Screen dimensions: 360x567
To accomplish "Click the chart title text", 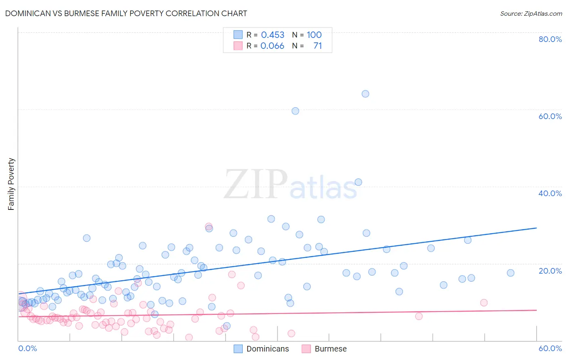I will point(126,13).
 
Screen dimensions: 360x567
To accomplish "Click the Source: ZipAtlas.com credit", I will point(531,13).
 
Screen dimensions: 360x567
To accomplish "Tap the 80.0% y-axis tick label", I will point(550,39).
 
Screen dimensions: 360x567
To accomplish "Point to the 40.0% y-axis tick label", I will point(550,193).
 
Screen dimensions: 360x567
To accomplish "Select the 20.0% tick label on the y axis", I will point(550,271).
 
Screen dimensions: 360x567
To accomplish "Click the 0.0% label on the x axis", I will point(27,348).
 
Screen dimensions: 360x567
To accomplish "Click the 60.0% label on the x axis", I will point(550,348).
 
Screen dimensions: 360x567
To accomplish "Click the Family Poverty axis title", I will point(11,184).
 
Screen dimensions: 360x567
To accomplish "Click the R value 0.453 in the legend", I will point(273,35).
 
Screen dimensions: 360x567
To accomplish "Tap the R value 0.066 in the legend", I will point(272,46).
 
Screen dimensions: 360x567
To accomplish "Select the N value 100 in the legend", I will point(314,35).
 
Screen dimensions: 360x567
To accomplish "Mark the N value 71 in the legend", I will point(318,46).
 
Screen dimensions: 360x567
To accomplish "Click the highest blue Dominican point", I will point(365,94).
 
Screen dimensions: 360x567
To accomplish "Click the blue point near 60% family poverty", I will point(295,111).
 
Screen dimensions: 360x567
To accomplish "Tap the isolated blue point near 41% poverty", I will point(358,182).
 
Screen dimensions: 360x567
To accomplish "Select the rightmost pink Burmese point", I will point(484,303).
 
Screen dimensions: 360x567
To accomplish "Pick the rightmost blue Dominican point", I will point(511,273).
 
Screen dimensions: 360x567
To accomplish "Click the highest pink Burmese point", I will point(208,226).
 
